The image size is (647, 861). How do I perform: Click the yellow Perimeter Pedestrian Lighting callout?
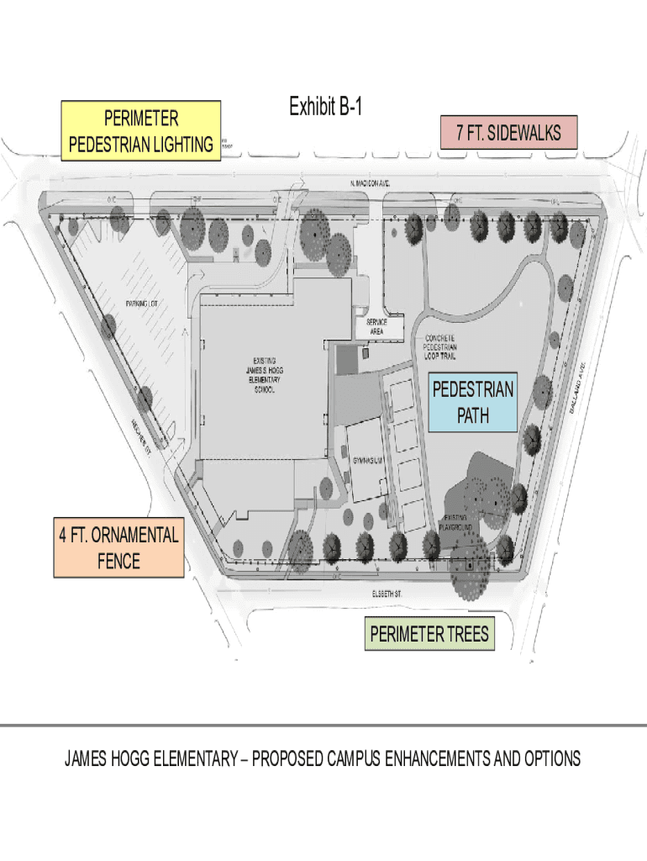point(141,130)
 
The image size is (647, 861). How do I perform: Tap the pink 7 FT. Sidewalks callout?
point(508,133)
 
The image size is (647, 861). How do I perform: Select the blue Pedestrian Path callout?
point(472,402)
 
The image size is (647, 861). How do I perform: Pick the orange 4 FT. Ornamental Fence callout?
point(118,547)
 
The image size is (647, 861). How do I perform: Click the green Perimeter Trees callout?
point(429,634)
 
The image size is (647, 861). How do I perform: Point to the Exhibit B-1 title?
point(326,107)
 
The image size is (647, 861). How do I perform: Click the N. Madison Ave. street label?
point(370,182)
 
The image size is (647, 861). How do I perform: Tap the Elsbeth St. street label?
point(387,594)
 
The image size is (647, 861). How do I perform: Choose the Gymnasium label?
point(368,462)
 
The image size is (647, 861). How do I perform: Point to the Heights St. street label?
point(140,438)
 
